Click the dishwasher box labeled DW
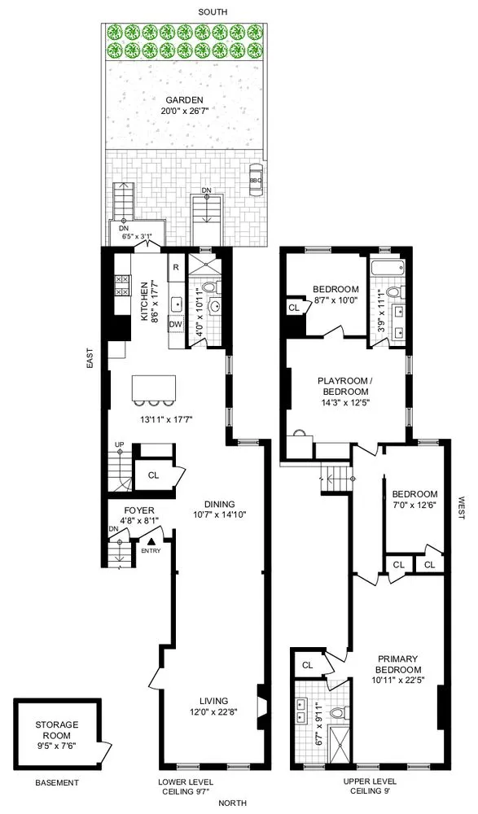[175, 324]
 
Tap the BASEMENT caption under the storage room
[56, 783]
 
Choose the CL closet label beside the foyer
[152, 475]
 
